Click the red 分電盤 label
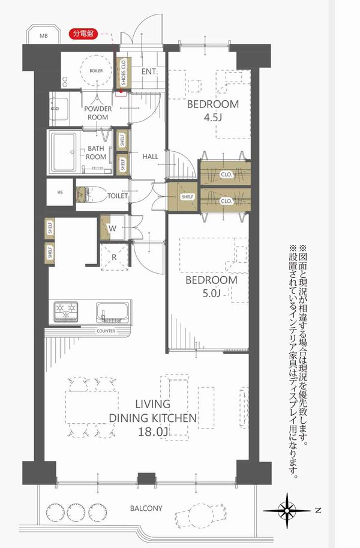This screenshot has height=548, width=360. click(x=83, y=34)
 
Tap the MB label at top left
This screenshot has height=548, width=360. click(x=43, y=35)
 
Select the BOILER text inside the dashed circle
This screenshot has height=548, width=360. click(x=96, y=71)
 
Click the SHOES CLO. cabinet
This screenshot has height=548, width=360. click(x=124, y=73)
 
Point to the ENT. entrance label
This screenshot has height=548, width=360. click(x=150, y=71)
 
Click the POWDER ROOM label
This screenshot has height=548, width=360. click(x=98, y=113)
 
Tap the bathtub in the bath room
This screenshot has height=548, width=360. click(x=64, y=152)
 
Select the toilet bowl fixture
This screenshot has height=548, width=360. click(x=91, y=194)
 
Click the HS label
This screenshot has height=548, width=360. click(x=60, y=192)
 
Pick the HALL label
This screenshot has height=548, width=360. click(x=150, y=157)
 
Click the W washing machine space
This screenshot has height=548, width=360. click(x=113, y=227)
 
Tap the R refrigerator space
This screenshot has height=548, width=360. click(x=114, y=257)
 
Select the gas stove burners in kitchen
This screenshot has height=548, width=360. click(x=66, y=312)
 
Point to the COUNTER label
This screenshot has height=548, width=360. click(x=106, y=331)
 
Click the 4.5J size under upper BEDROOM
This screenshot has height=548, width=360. click(x=213, y=117)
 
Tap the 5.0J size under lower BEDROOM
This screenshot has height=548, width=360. click(x=211, y=294)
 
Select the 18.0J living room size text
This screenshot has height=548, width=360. click(x=153, y=432)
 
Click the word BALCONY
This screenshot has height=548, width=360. click(x=146, y=508)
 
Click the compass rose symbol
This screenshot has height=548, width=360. click(x=287, y=511)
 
